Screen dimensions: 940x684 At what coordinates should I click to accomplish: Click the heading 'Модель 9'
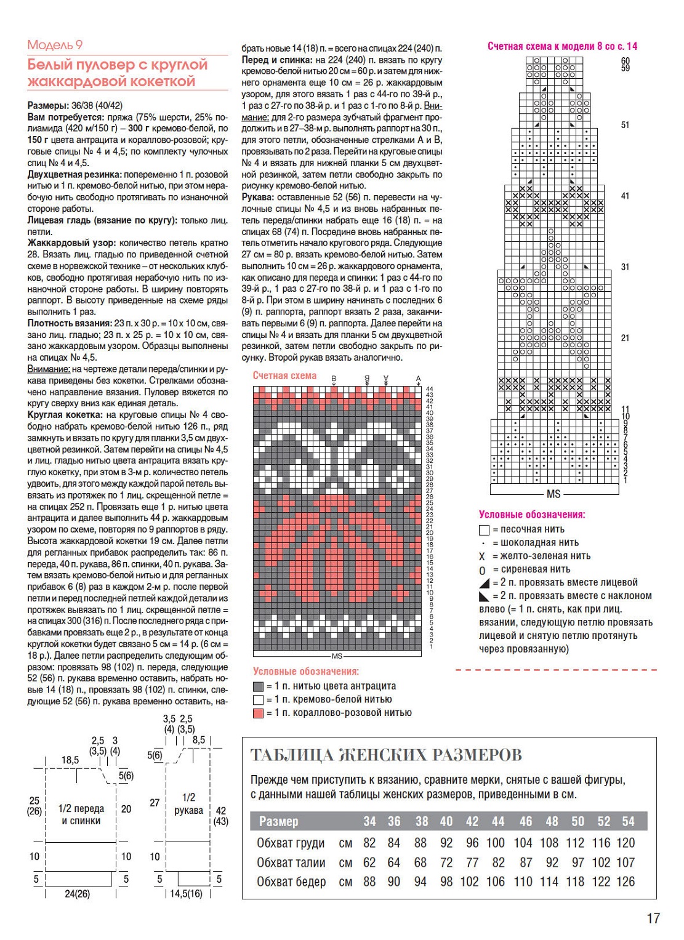(x=55, y=45)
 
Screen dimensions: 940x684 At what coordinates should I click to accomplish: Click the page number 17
(x=653, y=918)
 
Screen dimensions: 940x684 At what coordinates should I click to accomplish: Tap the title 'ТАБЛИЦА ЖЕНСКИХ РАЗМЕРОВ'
(x=386, y=755)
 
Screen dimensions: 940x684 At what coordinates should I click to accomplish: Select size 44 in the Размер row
(x=498, y=821)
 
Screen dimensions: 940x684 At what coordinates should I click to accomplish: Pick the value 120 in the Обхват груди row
(x=625, y=843)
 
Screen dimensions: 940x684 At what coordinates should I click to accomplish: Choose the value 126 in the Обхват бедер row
(x=625, y=882)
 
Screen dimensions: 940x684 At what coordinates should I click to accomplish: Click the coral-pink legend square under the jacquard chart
(x=259, y=713)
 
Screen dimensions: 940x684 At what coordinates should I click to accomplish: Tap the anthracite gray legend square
(x=259, y=686)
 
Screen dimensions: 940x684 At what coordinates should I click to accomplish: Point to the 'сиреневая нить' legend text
(x=526, y=569)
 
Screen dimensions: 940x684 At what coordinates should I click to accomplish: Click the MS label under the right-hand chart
(x=553, y=494)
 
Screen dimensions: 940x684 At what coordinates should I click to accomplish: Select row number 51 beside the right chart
(x=625, y=125)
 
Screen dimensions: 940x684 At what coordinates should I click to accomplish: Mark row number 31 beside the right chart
(x=625, y=267)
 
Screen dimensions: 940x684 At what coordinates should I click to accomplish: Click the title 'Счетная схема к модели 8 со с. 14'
(x=562, y=46)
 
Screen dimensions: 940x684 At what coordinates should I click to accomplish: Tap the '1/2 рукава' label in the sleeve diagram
(x=188, y=804)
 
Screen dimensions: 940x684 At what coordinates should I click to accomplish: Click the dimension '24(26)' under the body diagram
(x=77, y=893)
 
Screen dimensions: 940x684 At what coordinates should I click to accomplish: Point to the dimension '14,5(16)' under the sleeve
(x=186, y=893)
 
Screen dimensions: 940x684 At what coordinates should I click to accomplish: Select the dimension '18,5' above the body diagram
(x=70, y=760)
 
